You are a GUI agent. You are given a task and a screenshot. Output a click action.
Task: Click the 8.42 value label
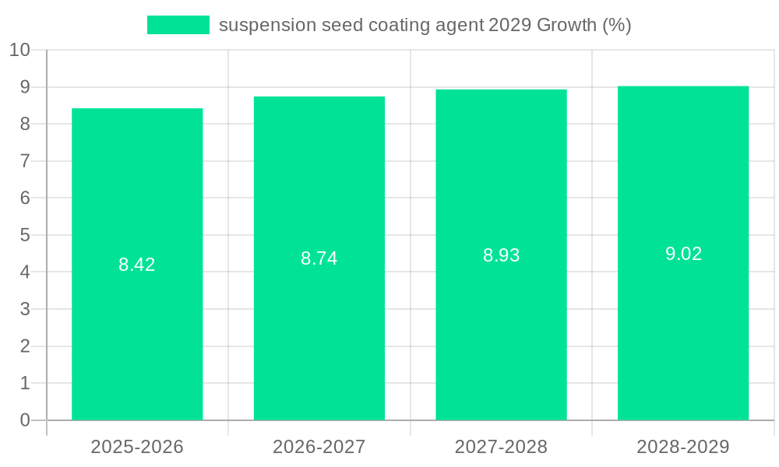click(137, 265)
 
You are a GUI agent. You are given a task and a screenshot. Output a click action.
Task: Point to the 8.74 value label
click(319, 259)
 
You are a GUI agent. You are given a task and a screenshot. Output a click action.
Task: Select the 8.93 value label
click(501, 255)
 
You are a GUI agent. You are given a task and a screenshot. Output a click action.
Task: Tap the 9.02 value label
click(683, 254)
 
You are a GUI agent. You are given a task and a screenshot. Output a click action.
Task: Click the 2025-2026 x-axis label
click(137, 447)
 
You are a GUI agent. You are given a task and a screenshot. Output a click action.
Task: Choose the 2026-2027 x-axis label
click(319, 447)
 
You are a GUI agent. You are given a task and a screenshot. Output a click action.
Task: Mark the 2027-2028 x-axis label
click(501, 447)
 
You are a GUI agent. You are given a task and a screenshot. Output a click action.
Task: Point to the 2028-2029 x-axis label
click(683, 447)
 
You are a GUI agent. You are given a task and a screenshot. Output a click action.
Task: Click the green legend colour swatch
click(178, 25)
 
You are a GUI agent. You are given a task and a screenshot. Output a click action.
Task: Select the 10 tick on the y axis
click(19, 50)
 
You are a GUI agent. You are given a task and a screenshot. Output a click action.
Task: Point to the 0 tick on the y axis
click(25, 420)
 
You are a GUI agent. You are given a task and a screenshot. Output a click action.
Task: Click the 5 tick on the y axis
click(25, 235)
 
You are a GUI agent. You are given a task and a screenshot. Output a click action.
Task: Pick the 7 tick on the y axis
click(25, 161)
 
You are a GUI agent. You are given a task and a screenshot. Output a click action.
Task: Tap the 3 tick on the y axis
click(25, 309)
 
